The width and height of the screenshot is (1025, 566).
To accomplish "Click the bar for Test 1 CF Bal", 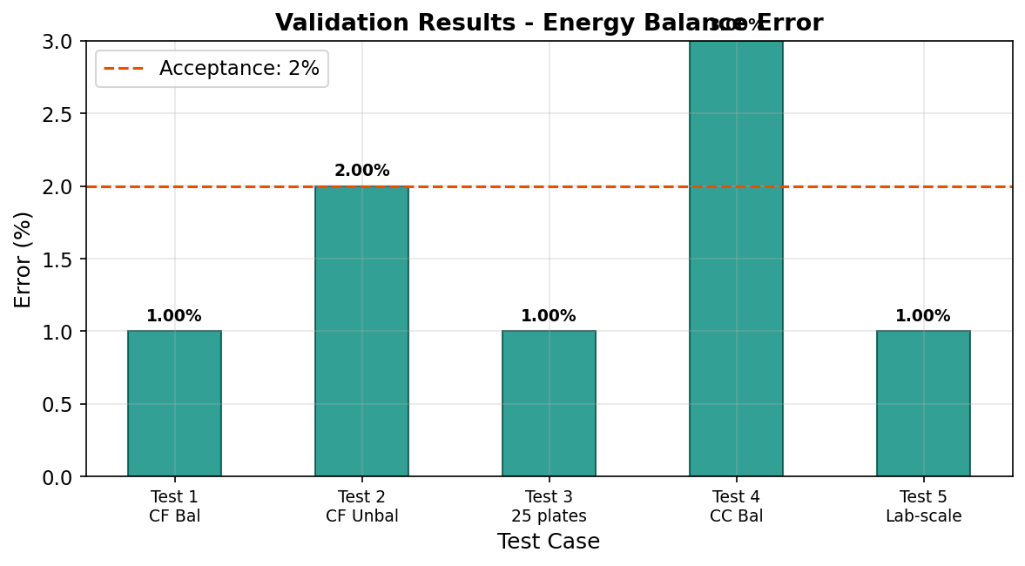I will (174, 403).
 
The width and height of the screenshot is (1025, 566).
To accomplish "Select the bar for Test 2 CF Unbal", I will (361, 331).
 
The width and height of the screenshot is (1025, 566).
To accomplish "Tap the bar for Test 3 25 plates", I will (549, 403).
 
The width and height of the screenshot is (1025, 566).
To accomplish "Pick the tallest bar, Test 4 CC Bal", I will (736, 259).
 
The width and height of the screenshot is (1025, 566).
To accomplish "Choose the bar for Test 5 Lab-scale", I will (923, 403).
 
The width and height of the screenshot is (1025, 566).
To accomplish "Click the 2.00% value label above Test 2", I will (361, 171).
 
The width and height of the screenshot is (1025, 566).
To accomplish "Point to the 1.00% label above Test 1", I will (174, 316).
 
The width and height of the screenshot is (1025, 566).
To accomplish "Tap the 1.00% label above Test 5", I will (923, 316).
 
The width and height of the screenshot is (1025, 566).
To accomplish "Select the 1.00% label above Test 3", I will (549, 316).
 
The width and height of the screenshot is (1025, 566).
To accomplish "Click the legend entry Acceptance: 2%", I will (212, 68).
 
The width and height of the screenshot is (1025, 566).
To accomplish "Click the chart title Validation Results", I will (549, 24).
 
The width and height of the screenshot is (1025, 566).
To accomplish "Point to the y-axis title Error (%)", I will (24, 259).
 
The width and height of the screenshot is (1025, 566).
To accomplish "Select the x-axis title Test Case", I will (549, 542).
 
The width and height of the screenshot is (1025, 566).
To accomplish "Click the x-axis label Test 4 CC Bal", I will (736, 506).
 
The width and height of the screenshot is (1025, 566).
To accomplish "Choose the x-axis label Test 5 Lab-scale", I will (923, 506).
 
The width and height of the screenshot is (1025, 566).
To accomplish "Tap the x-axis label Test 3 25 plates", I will (549, 506).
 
